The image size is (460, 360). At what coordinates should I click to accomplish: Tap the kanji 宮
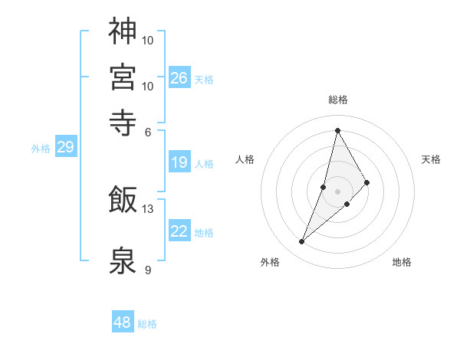pos(123,77)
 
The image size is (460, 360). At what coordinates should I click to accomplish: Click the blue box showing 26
pos(179,78)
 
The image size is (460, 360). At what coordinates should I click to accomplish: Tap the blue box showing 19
pos(179,162)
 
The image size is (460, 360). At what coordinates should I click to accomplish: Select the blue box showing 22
pos(179,231)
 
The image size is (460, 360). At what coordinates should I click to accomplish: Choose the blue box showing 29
pos(65,148)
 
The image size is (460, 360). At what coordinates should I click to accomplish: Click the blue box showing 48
pos(123,322)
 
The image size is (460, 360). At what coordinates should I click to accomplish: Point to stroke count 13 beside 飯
pos(148,208)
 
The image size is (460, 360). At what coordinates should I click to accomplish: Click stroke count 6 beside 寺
pos(148,131)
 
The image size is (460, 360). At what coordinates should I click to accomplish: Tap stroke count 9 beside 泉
pos(148,270)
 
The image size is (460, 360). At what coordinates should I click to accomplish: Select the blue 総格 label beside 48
pos(147,324)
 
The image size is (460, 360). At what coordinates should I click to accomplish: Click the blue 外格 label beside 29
pos(41,149)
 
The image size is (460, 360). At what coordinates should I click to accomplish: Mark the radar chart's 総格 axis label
pos(338,100)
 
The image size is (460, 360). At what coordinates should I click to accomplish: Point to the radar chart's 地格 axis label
pos(402,263)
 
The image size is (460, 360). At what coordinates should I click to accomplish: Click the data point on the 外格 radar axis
pos(302,242)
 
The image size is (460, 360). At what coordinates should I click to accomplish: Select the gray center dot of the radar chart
pos(338,191)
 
